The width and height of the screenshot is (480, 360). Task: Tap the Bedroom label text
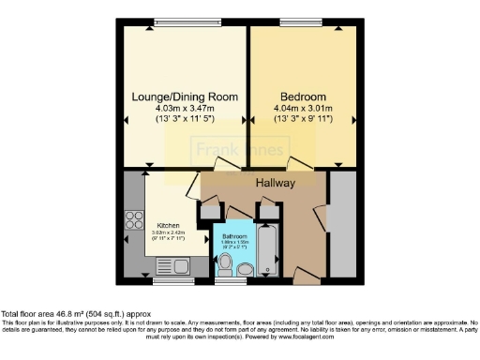click(x=303, y=97)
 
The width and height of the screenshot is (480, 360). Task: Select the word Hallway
click(x=276, y=183)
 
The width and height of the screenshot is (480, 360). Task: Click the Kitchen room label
click(x=169, y=225)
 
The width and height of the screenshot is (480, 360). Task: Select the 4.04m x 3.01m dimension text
click(x=303, y=109)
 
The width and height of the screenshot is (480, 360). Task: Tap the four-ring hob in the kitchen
click(x=130, y=224)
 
